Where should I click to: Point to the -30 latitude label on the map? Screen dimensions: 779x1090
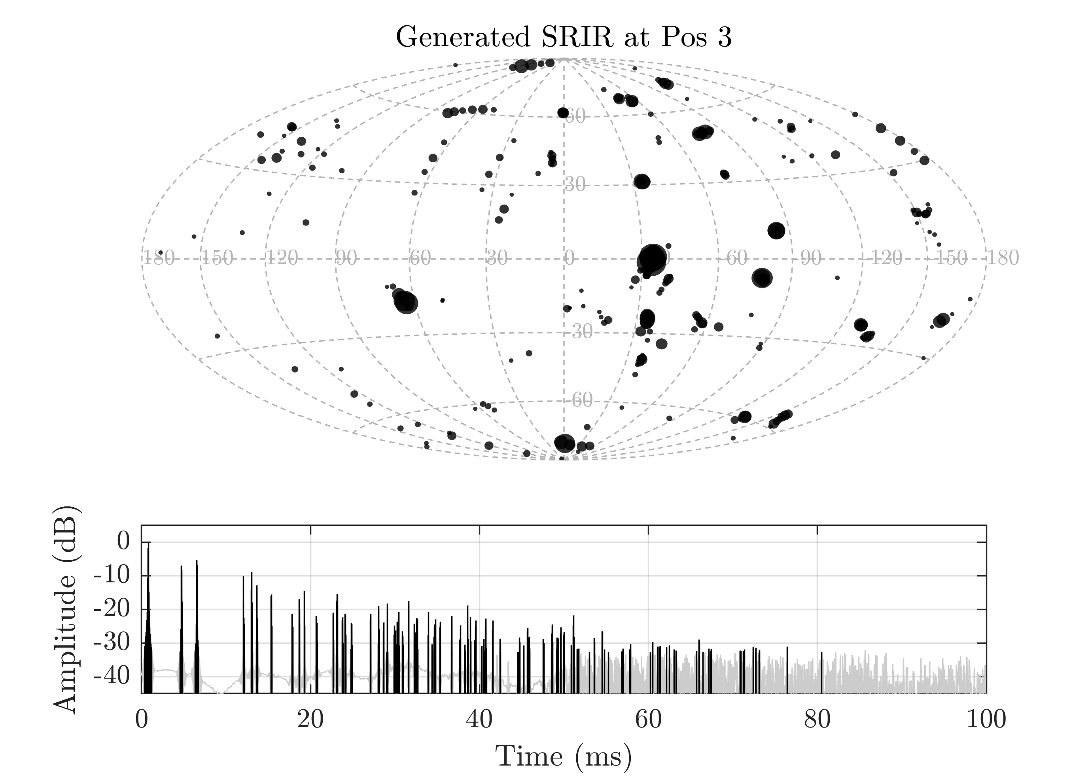(x=581, y=332)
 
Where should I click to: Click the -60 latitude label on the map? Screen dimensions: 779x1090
(x=581, y=400)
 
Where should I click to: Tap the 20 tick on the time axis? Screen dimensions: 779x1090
(x=310, y=720)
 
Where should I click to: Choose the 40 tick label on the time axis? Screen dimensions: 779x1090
(x=479, y=720)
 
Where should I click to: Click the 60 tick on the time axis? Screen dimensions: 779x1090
(x=648, y=720)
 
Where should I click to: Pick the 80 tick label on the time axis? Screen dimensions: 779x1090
(x=817, y=720)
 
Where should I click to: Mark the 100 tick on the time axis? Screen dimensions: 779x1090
(x=986, y=720)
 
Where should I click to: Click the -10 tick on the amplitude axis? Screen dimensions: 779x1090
(x=111, y=576)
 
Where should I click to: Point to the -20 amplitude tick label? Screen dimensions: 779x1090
(x=111, y=609)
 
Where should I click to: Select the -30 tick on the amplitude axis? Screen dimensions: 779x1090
(x=111, y=643)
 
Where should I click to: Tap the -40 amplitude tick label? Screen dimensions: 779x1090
(x=111, y=677)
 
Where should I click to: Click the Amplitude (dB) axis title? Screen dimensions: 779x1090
(x=65, y=609)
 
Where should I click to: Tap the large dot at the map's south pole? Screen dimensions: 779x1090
(x=564, y=442)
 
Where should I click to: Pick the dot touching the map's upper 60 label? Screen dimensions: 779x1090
(x=563, y=113)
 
